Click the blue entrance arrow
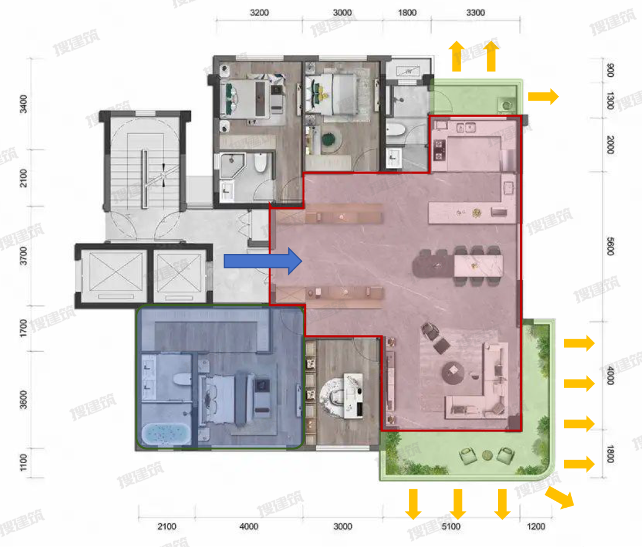click(263, 261)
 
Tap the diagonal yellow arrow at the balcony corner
click(560, 497)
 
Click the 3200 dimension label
click(259, 12)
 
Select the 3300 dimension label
click(476, 12)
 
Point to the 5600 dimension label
click(610, 246)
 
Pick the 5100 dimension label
click(451, 527)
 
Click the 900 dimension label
click(610, 70)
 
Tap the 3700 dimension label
click(23, 255)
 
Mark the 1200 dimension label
click(536, 527)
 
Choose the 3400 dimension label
click(23, 104)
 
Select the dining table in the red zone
click(478, 265)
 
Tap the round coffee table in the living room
click(453, 373)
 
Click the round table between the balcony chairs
click(487, 455)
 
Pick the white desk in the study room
click(353, 395)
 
